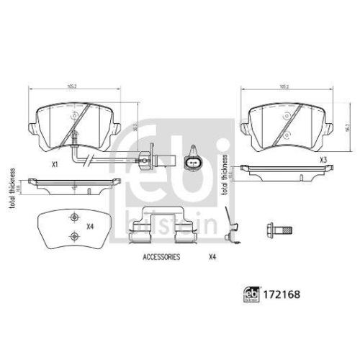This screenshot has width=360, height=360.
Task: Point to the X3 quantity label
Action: [323, 159]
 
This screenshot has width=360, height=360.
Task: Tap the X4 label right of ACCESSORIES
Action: [212, 256]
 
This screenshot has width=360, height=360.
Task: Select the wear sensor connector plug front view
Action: [192, 161]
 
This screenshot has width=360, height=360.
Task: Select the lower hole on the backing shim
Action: [71, 236]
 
